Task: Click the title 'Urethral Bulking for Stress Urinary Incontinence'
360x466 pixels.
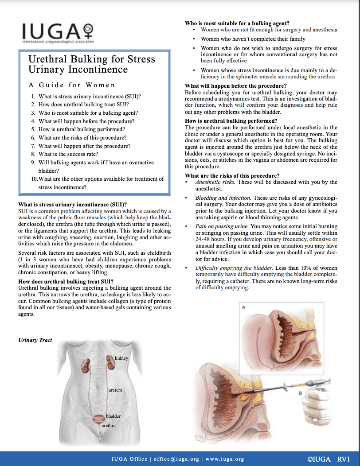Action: tap(92, 64)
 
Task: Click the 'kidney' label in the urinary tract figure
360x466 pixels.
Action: tap(121, 358)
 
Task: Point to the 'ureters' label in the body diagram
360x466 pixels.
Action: tap(115, 390)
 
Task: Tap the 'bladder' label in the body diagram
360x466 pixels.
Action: tap(113, 416)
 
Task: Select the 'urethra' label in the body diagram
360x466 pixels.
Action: tap(109, 425)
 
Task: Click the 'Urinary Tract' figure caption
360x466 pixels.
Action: tap(35, 340)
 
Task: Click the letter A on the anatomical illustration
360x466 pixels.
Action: tap(243, 307)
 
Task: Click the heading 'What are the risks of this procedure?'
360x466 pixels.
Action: tap(232, 176)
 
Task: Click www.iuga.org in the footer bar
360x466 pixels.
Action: tap(225, 459)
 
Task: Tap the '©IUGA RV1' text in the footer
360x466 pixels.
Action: tap(328, 458)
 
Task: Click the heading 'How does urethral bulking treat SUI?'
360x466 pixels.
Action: tap(66, 282)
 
